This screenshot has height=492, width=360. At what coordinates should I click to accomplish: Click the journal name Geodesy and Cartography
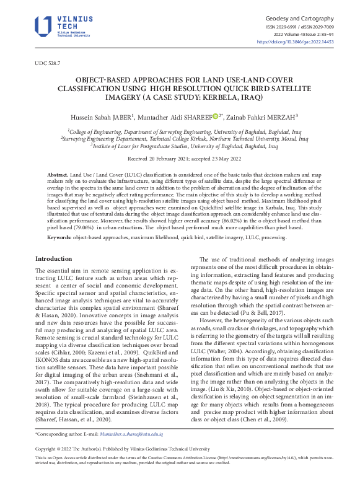(299, 19)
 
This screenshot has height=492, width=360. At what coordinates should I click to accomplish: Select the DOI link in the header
(304, 42)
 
